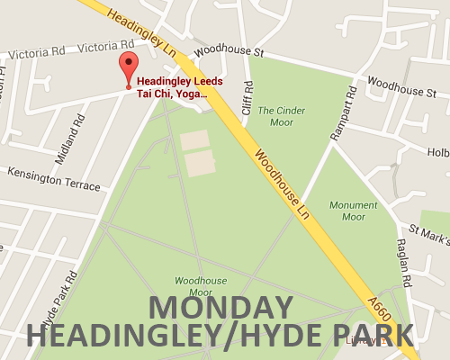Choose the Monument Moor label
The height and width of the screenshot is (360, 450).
coord(353,211)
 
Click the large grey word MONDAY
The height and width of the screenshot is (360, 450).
coord(220,308)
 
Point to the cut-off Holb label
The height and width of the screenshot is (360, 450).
coord(437,152)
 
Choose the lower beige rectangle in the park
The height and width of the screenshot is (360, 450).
coord(200,164)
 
